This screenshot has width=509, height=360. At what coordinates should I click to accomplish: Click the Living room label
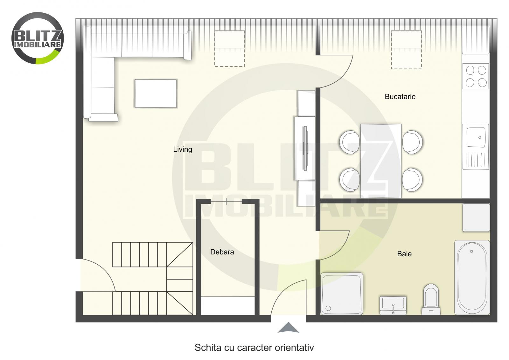[183, 149]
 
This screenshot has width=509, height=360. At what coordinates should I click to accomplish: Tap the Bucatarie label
[400, 97]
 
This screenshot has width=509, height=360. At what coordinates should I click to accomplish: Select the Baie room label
[404, 254]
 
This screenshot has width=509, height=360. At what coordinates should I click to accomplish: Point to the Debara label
[222, 252]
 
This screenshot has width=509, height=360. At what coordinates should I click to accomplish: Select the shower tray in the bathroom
[341, 293]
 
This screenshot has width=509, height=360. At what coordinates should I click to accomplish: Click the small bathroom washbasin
[393, 305]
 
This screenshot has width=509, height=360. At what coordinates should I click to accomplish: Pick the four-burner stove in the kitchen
[476, 76]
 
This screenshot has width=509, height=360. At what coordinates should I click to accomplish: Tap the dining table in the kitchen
[381, 161]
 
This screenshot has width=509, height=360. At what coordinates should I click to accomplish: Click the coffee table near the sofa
[156, 93]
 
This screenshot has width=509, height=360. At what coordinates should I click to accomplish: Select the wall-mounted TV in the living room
[306, 148]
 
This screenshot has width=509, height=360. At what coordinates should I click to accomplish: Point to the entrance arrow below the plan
[288, 328]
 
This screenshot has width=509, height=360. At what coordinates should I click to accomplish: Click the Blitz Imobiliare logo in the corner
[38, 38]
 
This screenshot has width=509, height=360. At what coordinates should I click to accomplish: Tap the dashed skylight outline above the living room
[229, 48]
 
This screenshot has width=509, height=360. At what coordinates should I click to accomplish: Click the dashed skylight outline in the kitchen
[406, 50]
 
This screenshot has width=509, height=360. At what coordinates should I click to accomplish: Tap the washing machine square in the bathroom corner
[476, 218]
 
